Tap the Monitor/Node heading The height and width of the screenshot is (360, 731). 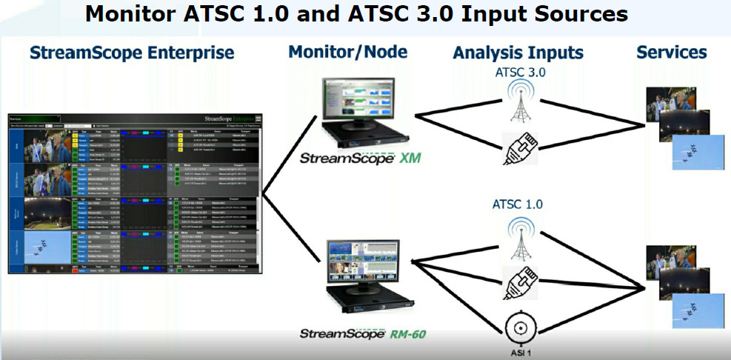click(347, 52)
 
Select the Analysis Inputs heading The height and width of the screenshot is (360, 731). click(518, 53)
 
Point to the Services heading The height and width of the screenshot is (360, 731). click(671, 52)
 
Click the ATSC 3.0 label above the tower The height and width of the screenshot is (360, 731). click(518, 73)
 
